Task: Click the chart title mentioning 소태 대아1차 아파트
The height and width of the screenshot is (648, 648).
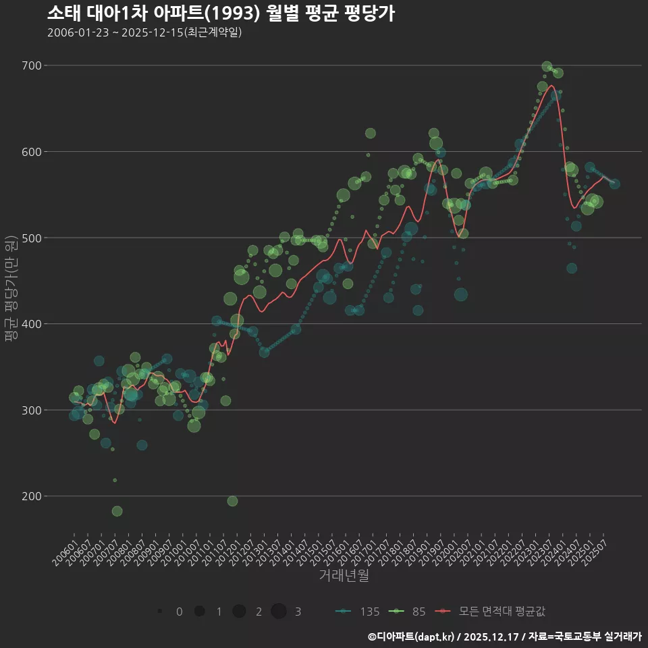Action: point(221,13)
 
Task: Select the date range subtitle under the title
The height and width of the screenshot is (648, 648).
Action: point(144,32)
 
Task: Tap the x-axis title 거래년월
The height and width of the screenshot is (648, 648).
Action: point(344,576)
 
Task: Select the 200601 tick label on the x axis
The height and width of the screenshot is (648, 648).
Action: point(65,548)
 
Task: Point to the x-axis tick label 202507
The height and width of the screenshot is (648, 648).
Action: point(599,548)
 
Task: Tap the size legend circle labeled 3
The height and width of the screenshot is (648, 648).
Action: point(279,612)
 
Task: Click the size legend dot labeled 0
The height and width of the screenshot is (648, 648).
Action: point(160,612)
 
